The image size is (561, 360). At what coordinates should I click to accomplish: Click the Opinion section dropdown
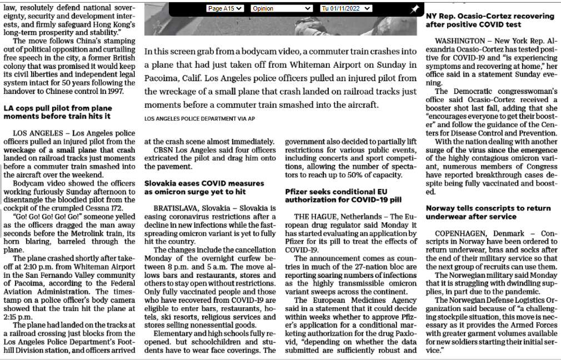tap(281, 8)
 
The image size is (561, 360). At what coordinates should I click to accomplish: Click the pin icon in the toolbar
tap(414, 9)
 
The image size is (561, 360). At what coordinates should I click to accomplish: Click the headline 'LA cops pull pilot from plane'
tap(58, 108)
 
